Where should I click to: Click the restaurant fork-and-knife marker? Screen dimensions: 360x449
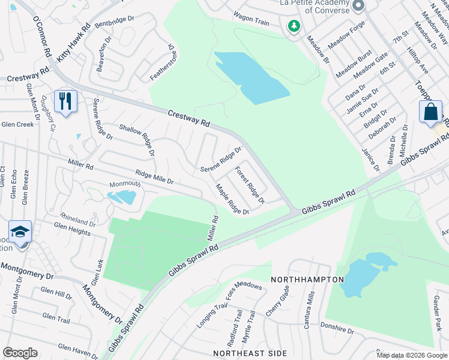(x=66, y=101)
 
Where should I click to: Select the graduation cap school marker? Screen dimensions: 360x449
(x=20, y=232)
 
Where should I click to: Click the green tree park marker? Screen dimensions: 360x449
(x=294, y=26)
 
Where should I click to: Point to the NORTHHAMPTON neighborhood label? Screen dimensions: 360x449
(x=307, y=280)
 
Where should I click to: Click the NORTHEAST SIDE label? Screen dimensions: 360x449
(x=239, y=353)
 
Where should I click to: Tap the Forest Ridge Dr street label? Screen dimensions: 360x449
(x=250, y=185)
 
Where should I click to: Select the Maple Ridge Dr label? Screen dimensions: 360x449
(x=232, y=200)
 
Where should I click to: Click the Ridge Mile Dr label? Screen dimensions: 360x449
(x=154, y=176)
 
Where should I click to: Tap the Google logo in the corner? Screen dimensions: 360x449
(x=20, y=353)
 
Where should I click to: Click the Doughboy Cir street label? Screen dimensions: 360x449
(x=48, y=114)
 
